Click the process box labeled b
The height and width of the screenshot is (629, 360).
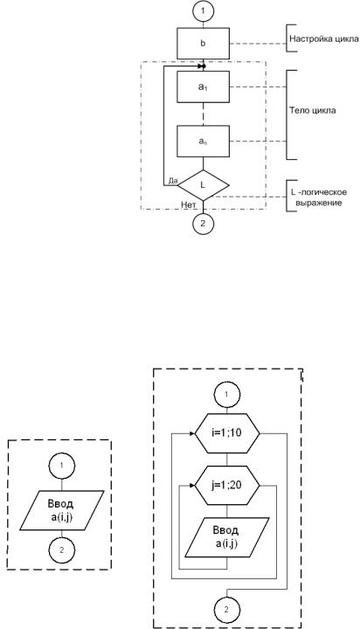tap(204, 44)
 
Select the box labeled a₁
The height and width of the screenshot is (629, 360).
tap(204, 86)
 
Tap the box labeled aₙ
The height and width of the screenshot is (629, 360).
tap(204, 142)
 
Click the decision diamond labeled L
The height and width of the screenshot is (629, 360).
tap(204, 185)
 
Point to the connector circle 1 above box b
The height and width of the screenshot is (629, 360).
tap(204, 10)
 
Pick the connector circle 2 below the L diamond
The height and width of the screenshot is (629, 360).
tap(203, 224)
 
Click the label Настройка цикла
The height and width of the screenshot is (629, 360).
tap(324, 39)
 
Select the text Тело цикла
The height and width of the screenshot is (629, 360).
tap(313, 111)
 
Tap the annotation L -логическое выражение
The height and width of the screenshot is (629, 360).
tap(319, 197)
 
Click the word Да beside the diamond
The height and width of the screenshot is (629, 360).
tap(173, 181)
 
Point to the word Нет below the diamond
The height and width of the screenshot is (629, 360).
tap(189, 205)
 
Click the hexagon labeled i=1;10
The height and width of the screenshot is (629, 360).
tap(227, 433)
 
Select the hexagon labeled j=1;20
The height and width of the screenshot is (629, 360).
tap(227, 486)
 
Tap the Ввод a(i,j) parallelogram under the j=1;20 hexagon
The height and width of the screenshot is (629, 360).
tap(227, 537)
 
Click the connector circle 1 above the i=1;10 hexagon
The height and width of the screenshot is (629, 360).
tap(227, 394)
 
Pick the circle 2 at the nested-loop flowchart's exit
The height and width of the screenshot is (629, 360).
tap(226, 610)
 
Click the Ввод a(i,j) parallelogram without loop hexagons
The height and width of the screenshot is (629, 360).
tap(61, 510)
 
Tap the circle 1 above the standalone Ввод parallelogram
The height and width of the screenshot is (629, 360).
tap(61, 466)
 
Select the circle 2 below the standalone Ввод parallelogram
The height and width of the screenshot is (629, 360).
tap(61, 550)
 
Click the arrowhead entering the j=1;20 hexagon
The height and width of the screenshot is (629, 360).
tap(192, 486)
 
